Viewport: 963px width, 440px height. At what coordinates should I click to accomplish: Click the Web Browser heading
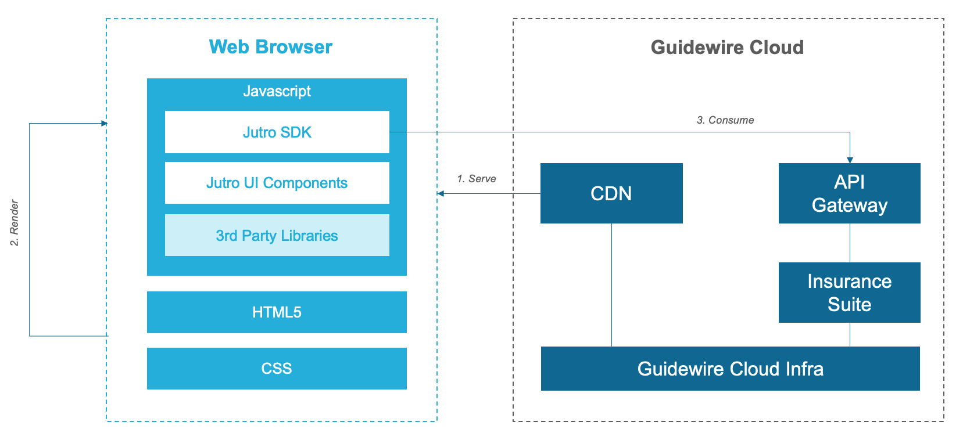click(x=270, y=47)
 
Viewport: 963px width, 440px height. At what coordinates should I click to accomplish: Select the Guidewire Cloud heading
click(x=727, y=47)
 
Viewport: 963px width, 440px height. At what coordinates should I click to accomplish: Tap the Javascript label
click(x=277, y=91)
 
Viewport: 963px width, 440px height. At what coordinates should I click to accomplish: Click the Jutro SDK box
click(x=277, y=132)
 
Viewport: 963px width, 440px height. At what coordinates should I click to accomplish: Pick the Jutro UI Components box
click(x=277, y=183)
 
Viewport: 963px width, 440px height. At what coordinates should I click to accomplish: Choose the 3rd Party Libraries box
click(x=277, y=235)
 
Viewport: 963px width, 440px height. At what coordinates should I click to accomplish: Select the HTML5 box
click(x=277, y=312)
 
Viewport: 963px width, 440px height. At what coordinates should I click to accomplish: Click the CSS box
click(x=277, y=369)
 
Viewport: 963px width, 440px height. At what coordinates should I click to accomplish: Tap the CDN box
click(x=611, y=193)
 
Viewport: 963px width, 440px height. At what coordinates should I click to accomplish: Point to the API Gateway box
click(x=849, y=193)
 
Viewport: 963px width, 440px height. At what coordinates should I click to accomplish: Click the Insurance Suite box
click(x=849, y=293)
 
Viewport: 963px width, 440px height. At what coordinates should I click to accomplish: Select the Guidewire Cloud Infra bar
click(x=730, y=369)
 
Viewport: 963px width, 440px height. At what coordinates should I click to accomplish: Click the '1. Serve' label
click(x=476, y=179)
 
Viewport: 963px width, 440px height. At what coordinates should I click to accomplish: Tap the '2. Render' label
click(x=15, y=223)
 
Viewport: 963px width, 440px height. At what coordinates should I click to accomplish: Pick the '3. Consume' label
click(x=725, y=120)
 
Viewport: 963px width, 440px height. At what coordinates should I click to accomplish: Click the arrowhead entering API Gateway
click(x=850, y=160)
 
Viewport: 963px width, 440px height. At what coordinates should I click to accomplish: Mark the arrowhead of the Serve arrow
click(x=441, y=193)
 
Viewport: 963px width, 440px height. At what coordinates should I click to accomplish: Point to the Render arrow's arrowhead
click(x=104, y=123)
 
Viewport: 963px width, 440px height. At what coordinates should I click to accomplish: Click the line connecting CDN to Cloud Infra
click(x=611, y=284)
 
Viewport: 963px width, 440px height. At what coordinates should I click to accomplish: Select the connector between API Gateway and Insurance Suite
click(x=850, y=243)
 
